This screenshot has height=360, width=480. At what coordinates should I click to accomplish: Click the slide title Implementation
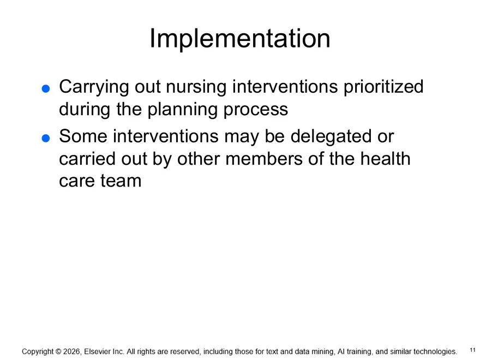click(x=239, y=39)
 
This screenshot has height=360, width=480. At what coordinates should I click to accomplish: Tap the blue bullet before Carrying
click(x=46, y=88)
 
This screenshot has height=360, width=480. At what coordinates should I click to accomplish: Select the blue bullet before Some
click(x=46, y=138)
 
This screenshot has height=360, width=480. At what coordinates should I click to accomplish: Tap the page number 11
click(x=472, y=350)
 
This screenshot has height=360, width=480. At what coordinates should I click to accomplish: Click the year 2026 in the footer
click(x=72, y=352)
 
